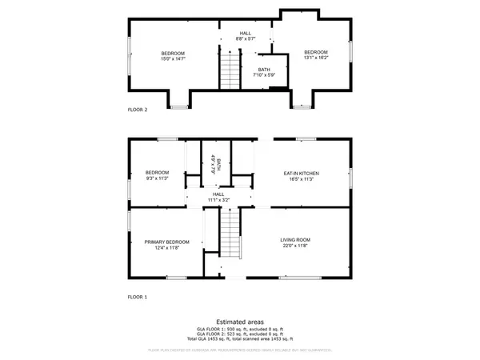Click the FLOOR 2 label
pyautogui.click(x=138, y=110)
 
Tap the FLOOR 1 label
pyautogui.click(x=138, y=297)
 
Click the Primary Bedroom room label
pyautogui.click(x=167, y=242)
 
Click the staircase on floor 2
pyautogui.click(x=230, y=70)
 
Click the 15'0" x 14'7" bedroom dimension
pyautogui.click(x=174, y=58)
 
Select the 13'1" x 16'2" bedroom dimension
pyautogui.click(x=316, y=58)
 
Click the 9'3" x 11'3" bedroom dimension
pyautogui.click(x=157, y=178)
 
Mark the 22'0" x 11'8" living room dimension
pyautogui.click(x=295, y=246)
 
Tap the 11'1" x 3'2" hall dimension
pyautogui.click(x=219, y=198)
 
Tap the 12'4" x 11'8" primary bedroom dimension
pyautogui.click(x=167, y=247)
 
